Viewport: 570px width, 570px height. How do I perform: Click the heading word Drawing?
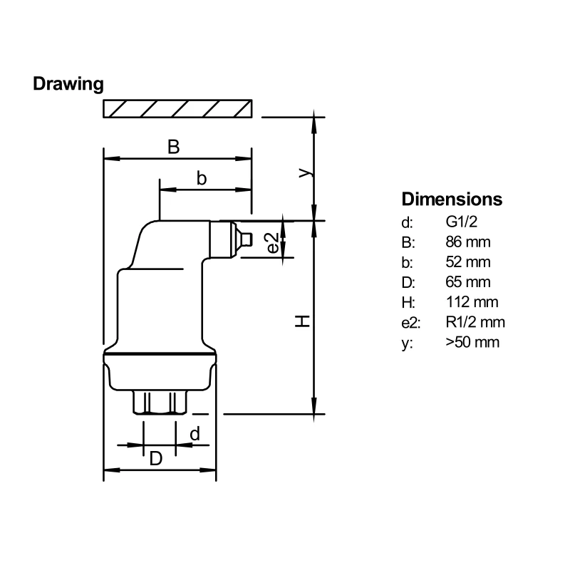tap(68, 84)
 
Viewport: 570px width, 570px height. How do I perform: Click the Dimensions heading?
tap(452, 199)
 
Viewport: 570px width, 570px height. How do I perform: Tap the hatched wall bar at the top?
tap(177, 108)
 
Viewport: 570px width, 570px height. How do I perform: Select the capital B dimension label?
tap(173, 147)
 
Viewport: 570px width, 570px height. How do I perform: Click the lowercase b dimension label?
tap(202, 179)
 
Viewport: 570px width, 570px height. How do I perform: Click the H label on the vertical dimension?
tap(303, 321)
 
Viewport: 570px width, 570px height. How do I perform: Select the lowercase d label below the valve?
tap(194, 433)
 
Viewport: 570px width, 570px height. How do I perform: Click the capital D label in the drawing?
tap(155, 459)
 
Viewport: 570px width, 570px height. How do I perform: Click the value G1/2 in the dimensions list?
tap(462, 222)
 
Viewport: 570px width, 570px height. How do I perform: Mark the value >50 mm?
tap(472, 341)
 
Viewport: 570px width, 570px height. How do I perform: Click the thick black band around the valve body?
tap(159, 353)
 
